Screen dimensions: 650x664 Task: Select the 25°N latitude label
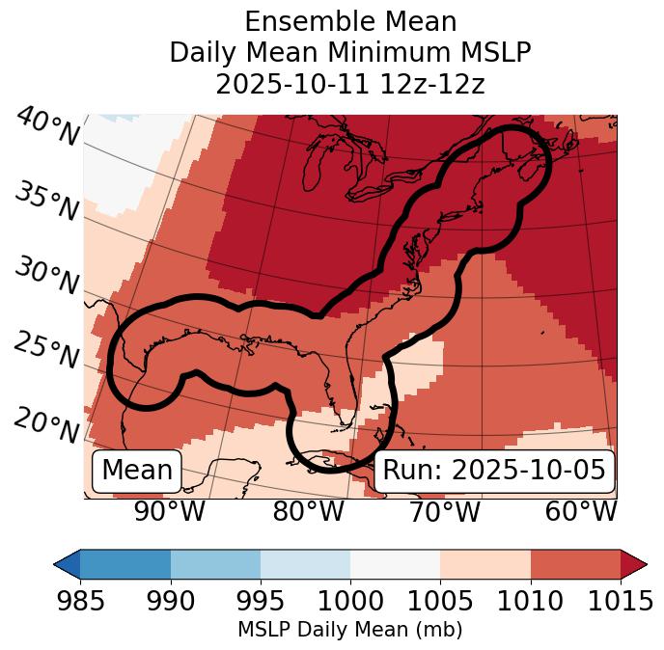point(46,350)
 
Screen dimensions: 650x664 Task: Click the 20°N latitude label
point(46,424)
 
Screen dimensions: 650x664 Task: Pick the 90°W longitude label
point(170,511)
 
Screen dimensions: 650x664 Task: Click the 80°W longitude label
point(308,511)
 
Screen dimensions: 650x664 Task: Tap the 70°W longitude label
point(444,511)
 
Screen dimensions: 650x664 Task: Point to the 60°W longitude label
point(581,511)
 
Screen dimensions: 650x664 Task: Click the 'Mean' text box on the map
point(137,471)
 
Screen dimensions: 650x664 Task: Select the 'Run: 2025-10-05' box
point(494,471)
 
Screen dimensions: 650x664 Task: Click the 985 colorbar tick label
point(80,601)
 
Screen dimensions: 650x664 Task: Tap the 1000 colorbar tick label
point(350,601)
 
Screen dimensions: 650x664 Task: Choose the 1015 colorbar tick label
point(621,601)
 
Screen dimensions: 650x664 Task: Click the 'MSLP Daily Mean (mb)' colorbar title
point(350,630)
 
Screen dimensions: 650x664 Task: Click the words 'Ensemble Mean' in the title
point(350,21)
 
